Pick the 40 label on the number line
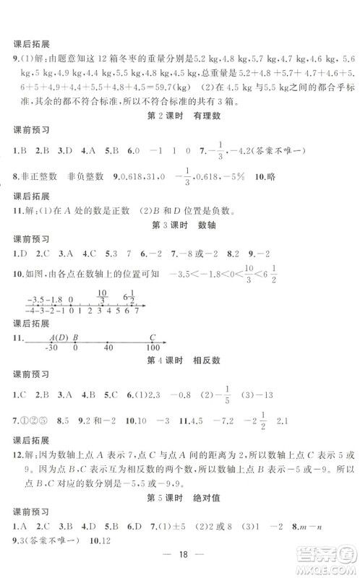coord(108,348)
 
